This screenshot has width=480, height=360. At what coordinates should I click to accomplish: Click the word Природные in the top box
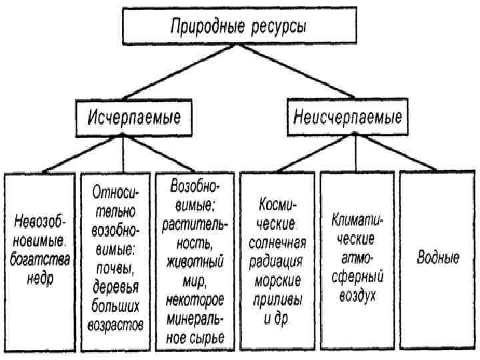(204, 28)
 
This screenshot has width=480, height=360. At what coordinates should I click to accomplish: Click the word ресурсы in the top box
(279, 28)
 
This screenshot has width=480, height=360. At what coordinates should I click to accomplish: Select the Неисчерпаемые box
(347, 118)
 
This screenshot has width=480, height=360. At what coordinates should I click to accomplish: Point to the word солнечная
(279, 241)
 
